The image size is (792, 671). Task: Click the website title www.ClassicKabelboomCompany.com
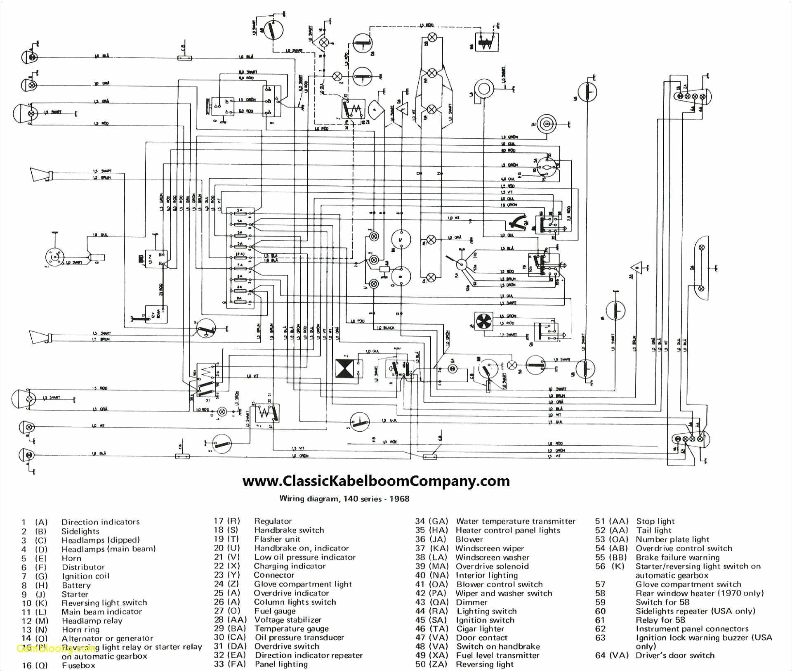(376, 481)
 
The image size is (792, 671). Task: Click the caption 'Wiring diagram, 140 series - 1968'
(344, 499)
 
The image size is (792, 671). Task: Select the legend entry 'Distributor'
(83, 567)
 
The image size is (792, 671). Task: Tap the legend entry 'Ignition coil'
(85, 576)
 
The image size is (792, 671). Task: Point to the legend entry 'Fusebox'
(78, 665)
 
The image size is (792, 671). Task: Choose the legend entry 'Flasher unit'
(277, 539)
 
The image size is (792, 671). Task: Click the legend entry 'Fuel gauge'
(275, 611)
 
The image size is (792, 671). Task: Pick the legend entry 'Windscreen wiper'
(489, 548)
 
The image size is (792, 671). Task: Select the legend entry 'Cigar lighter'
(481, 628)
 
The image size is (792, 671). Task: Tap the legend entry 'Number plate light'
(672, 539)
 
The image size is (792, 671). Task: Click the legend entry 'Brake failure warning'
(677, 557)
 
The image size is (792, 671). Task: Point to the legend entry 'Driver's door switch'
(674, 655)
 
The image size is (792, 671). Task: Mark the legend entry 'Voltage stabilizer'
(288, 620)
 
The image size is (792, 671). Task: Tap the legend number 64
(600, 655)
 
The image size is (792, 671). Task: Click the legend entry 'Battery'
(76, 585)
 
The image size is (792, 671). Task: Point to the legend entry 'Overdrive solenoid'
(492, 566)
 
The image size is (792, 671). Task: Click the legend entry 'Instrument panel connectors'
(692, 629)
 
